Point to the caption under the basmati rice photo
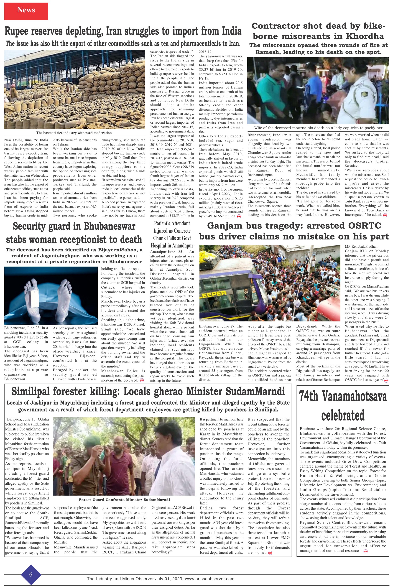[74, 133]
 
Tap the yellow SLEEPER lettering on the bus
[213, 294]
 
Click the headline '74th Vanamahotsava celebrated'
[343, 406]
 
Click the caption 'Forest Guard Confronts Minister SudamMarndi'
[124, 500]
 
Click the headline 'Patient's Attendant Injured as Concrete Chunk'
[172, 234]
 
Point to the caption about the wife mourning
[318, 128]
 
